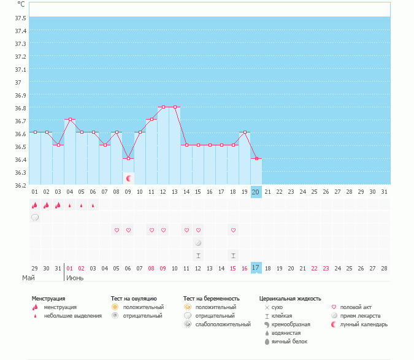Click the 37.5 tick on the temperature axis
[20, 18]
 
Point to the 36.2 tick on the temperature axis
[20, 185]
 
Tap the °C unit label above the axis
[21, 4]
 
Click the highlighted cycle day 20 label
[256, 192]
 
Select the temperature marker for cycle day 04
[70, 119]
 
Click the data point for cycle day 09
[128, 158]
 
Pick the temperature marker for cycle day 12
[163, 107]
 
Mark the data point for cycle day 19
[245, 132]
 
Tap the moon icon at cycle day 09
[129, 178]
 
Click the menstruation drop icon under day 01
[35, 205]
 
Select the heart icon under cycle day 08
[117, 230]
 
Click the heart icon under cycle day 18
[233, 230]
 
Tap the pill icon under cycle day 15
[198, 243]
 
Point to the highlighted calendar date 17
[256, 268]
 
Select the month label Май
[28, 278]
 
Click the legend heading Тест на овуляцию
[134, 298]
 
